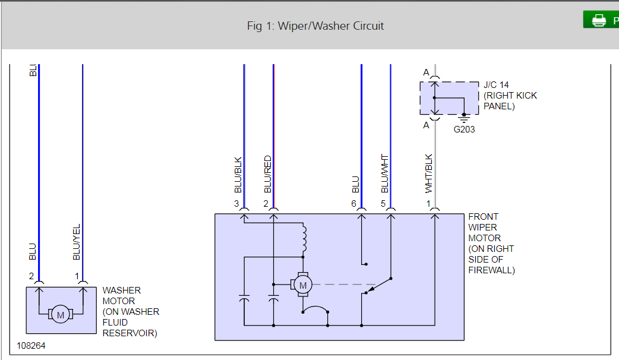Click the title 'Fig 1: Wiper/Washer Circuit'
click(x=315, y=26)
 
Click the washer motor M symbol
click(x=59, y=315)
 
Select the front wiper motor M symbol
click(x=303, y=286)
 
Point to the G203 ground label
click(x=464, y=129)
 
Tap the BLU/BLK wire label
click(x=238, y=175)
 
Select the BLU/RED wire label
click(x=267, y=174)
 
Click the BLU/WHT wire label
click(x=384, y=173)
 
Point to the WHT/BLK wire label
click(x=429, y=173)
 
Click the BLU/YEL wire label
click(x=76, y=242)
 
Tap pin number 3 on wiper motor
click(x=236, y=204)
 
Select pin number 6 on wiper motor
click(x=353, y=204)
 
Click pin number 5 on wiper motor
click(x=383, y=204)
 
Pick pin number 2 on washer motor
click(x=31, y=276)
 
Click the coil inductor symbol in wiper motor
click(x=304, y=238)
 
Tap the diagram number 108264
click(x=31, y=345)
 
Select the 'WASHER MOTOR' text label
click(x=122, y=295)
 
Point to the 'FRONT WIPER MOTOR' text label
click(x=484, y=228)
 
